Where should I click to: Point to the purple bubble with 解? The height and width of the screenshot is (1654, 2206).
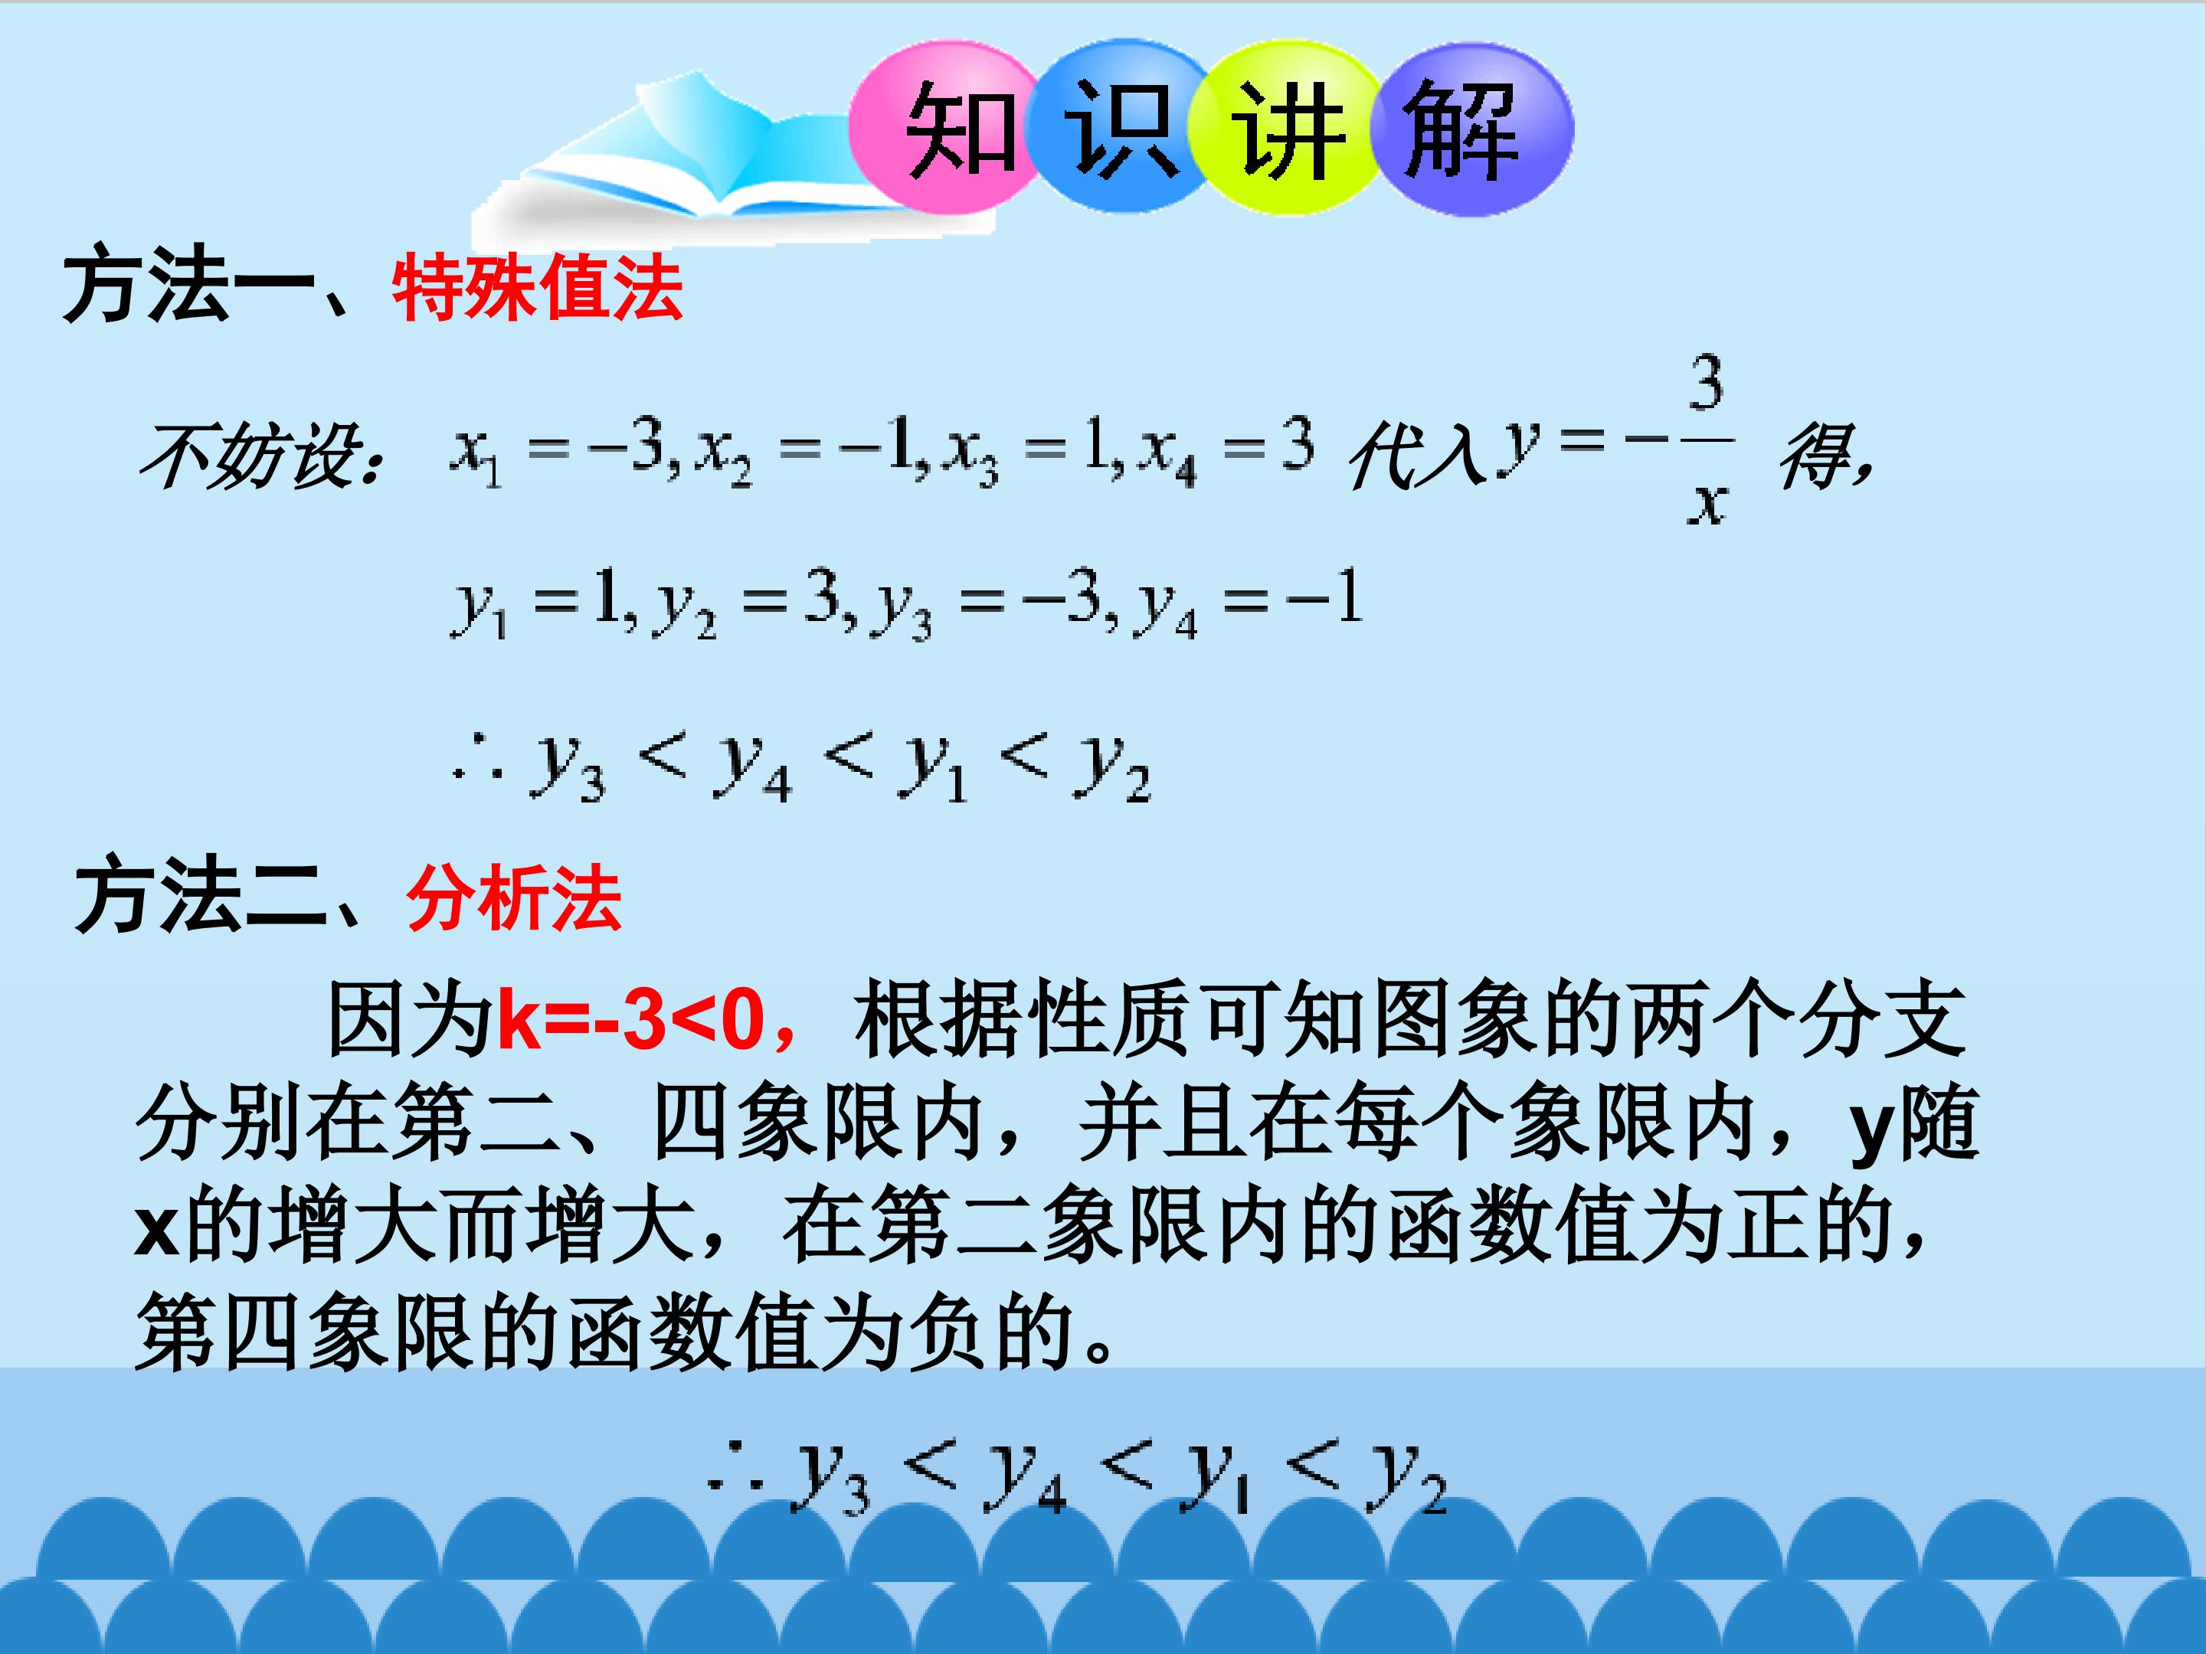point(1466,129)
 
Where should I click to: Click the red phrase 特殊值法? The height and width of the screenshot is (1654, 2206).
point(536,289)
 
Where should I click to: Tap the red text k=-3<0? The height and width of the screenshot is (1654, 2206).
point(630,1019)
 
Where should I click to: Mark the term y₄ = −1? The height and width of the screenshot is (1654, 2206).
point(1246,604)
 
